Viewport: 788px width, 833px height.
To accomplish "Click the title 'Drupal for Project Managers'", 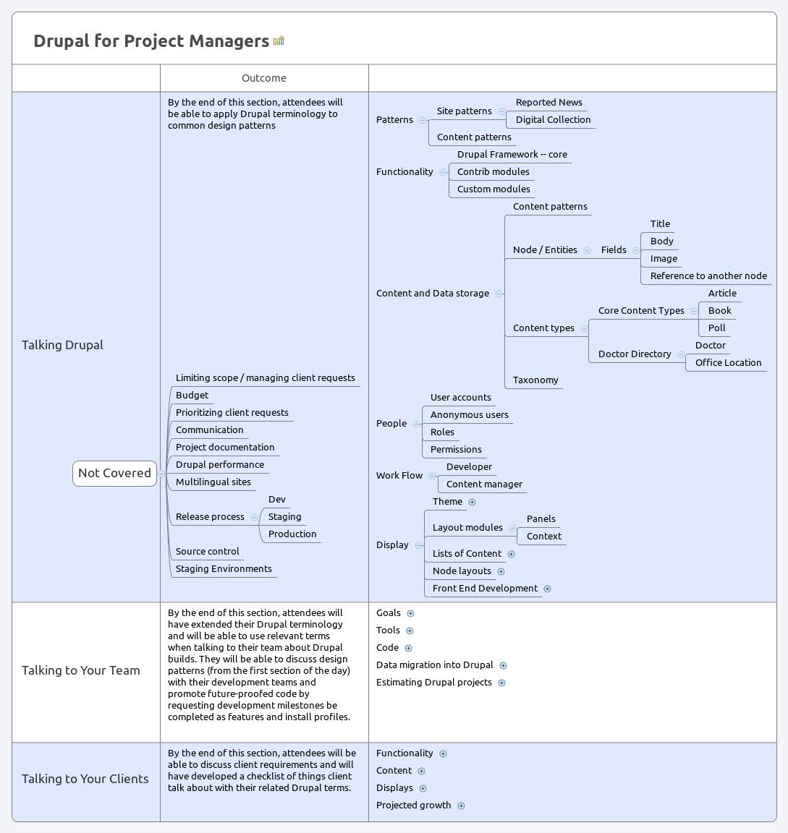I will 151,40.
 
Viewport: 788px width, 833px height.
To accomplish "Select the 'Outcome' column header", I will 263,78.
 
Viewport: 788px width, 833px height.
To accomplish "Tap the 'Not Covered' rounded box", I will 114,473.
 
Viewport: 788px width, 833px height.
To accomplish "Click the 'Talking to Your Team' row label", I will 81,670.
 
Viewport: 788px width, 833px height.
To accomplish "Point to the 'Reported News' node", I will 548,103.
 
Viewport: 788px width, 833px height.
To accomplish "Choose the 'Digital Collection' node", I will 553,120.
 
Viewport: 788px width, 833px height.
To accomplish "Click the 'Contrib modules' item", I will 493,172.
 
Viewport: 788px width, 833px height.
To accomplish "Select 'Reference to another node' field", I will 708,276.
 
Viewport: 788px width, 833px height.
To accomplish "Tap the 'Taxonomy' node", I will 535,380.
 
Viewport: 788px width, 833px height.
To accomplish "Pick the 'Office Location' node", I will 728,363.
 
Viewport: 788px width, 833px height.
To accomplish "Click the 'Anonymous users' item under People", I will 469,415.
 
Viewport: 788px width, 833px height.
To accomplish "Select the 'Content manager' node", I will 484,484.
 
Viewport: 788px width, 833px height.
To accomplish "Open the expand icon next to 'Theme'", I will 473,502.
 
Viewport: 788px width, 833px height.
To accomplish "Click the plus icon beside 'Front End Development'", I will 548,589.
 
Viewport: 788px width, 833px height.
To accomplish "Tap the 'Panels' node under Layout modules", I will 541,519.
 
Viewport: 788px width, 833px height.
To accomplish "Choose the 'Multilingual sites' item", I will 213,482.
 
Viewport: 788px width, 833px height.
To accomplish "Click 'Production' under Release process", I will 292,534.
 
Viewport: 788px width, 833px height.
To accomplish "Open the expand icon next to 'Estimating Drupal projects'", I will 502,683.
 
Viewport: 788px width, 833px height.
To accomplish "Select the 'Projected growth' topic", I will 413,806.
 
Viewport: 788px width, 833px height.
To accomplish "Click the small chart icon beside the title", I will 279,40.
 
